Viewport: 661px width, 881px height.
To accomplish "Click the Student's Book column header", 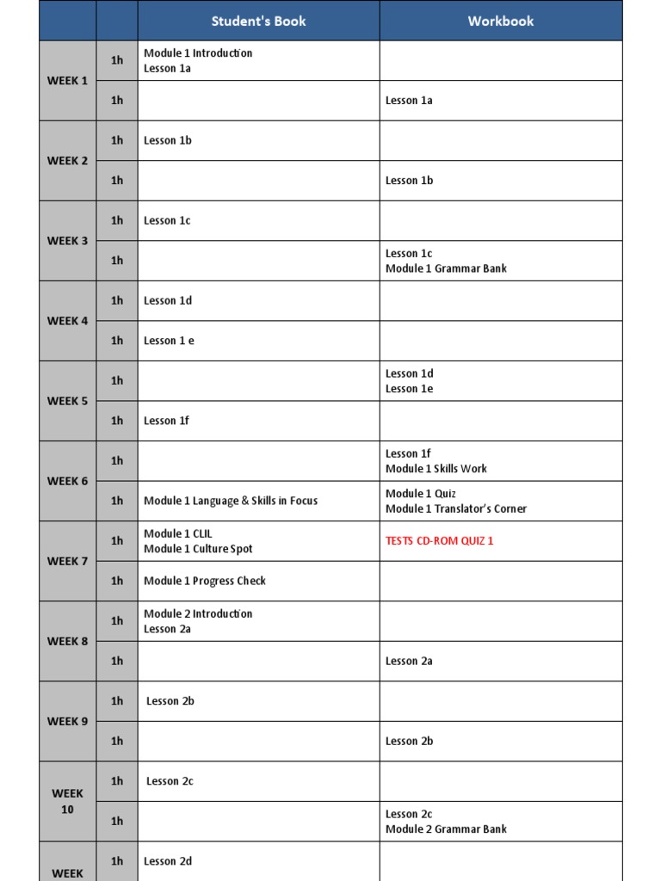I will click(x=258, y=21).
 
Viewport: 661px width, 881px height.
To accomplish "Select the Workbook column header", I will click(x=501, y=21).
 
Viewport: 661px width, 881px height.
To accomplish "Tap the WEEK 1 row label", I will click(x=67, y=81).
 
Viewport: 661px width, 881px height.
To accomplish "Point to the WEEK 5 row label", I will click(x=67, y=401).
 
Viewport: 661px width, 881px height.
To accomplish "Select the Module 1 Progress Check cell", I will click(x=205, y=581).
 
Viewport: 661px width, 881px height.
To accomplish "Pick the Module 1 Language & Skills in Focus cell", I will click(x=231, y=501).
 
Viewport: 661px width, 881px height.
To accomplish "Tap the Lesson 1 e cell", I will click(x=169, y=341).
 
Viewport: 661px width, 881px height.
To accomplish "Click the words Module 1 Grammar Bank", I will click(x=446, y=268).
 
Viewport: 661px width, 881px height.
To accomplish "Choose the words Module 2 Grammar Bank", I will click(x=446, y=829).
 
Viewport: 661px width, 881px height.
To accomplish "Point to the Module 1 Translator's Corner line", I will click(x=456, y=508).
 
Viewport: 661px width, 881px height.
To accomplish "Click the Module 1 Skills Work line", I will click(x=436, y=469).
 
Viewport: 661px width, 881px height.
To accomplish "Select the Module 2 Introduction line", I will click(x=198, y=613).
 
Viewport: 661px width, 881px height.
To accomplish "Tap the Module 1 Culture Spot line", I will click(x=198, y=549).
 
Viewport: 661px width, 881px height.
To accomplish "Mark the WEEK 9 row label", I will click(x=67, y=721).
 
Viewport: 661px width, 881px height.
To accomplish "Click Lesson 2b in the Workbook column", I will click(x=409, y=741).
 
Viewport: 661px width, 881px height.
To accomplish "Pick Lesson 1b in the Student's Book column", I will click(x=168, y=140).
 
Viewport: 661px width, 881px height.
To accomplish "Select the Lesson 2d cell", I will click(x=168, y=861).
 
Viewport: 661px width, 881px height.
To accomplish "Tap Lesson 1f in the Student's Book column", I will click(x=167, y=421).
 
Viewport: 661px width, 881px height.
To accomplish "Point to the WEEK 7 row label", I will click(x=67, y=561).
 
